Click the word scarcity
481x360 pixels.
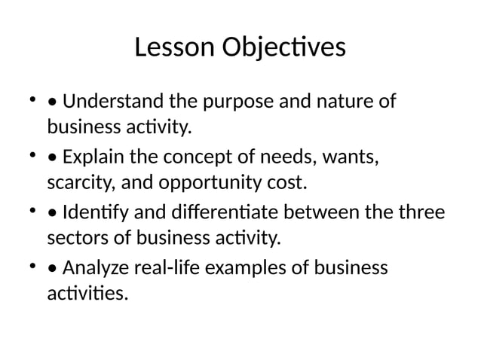pos(74,183)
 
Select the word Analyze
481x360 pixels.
pos(91,268)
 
